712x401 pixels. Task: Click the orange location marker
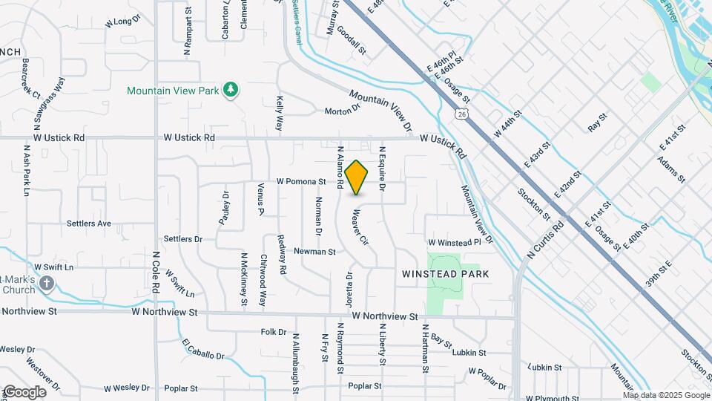356,177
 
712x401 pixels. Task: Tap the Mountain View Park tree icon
231,90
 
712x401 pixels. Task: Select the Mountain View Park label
174,91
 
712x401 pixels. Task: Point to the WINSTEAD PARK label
446,274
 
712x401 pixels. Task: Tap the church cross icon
47,283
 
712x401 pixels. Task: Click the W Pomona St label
301,181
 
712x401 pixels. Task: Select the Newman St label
315,252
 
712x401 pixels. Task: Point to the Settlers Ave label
88,223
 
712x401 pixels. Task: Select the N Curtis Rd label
546,238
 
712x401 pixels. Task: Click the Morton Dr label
342,111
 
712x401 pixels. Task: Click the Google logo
24,392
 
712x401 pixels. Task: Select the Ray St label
597,122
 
